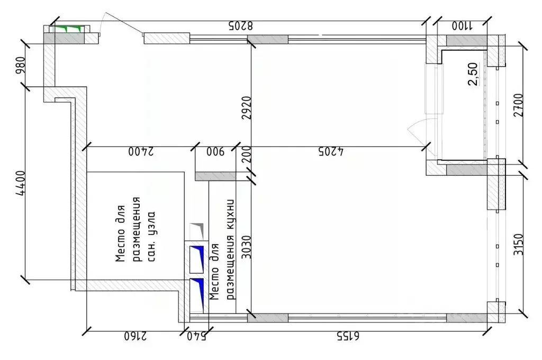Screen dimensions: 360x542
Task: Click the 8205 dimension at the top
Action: point(241,25)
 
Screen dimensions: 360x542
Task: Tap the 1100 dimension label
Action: point(463,25)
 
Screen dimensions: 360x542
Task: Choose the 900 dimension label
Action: point(215,152)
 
